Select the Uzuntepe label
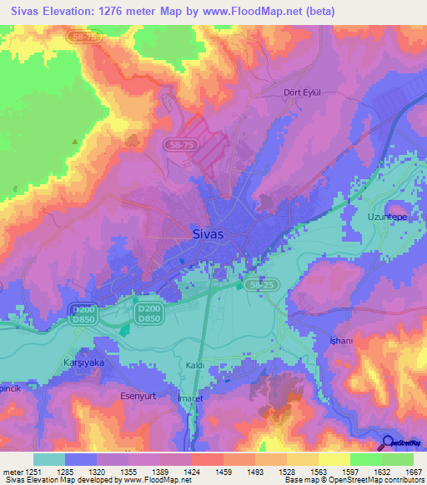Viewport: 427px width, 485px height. (385, 217)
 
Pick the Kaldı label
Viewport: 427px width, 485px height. (195, 365)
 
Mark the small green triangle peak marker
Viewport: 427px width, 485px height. (75, 142)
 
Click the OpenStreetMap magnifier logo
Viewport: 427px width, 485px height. (390, 442)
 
